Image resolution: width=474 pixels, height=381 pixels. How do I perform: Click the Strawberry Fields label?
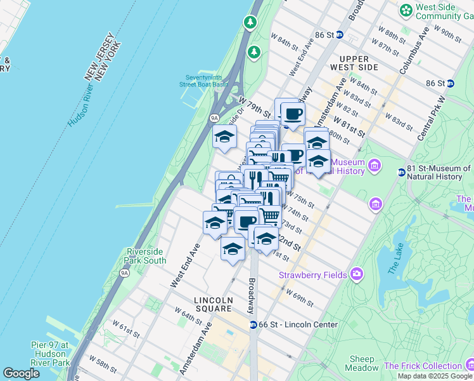313,275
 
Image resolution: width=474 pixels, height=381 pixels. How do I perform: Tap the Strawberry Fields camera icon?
357,274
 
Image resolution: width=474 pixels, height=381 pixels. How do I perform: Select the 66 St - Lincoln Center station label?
298,324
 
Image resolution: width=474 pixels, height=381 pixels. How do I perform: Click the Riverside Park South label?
146,256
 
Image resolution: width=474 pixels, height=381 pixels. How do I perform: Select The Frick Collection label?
423,366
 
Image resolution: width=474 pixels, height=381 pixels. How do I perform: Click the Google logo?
21,373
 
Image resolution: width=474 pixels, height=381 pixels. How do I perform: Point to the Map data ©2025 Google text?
434,376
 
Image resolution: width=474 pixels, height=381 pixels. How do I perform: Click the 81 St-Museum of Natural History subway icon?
402,172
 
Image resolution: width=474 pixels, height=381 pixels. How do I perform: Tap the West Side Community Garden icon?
406,11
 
